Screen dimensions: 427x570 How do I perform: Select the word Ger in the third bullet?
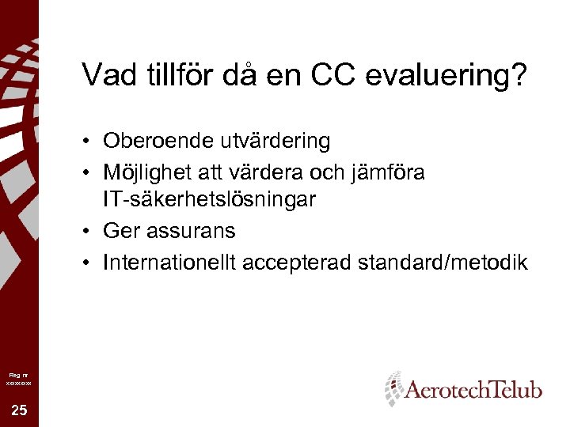[x=120, y=231]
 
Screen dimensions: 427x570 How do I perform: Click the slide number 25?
[x=18, y=410]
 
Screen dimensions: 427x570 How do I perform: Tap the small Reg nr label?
[x=17, y=372]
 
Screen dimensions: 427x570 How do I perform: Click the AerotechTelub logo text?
[x=473, y=389]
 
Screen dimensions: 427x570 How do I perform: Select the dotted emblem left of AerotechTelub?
[x=393, y=388]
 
